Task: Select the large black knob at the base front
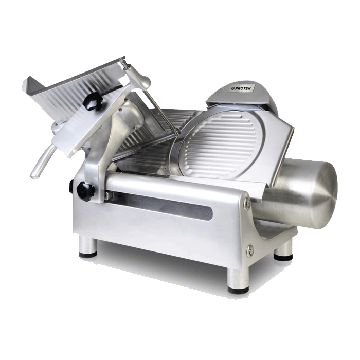coord(85,191)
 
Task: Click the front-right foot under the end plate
coord(238,281)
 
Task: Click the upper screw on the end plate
coord(247,202)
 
